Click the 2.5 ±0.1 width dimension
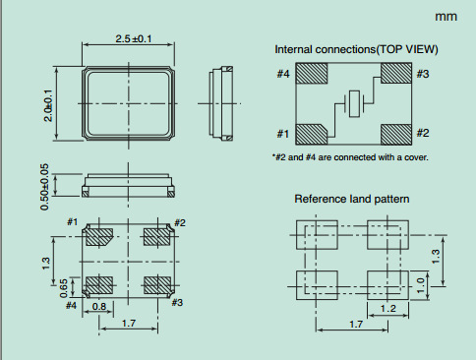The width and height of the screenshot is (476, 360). pyautogui.click(x=134, y=39)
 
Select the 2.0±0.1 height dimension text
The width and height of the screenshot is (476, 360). pyautogui.click(x=48, y=105)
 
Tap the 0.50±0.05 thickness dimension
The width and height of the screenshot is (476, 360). pyautogui.click(x=44, y=187)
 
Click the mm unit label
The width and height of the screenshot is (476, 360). pyautogui.click(x=446, y=17)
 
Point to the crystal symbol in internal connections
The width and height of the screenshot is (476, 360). pyautogui.click(x=354, y=103)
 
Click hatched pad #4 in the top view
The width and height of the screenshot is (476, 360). pyautogui.click(x=312, y=73)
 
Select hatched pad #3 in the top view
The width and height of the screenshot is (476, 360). pyautogui.click(x=396, y=73)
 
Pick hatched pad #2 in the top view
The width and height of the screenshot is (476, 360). pyautogui.click(x=396, y=135)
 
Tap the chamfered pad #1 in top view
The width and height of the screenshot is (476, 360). pyautogui.click(x=312, y=135)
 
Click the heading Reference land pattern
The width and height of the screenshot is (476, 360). pyautogui.click(x=352, y=199)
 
